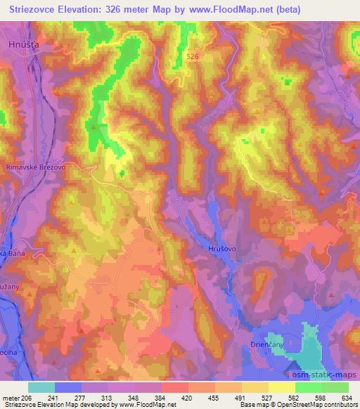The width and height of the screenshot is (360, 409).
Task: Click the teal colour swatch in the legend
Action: (41, 387)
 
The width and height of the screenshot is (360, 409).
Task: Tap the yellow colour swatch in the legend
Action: (281, 387)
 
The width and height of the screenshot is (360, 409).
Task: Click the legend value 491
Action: (240, 396)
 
